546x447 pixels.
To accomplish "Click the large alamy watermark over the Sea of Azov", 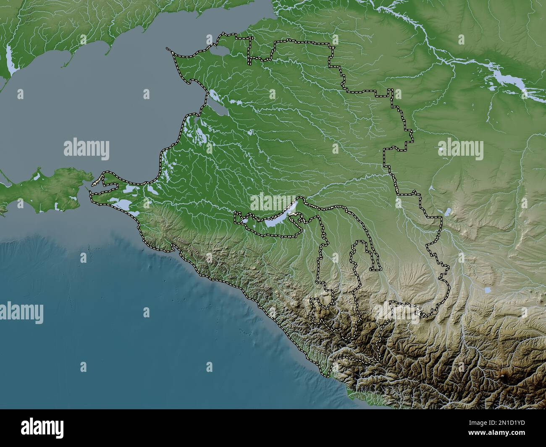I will [87, 149].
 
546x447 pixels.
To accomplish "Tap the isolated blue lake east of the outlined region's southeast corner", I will [487, 290].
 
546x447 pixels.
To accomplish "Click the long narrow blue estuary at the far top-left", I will [10, 59].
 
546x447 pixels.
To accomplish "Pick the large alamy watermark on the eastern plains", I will [460, 149].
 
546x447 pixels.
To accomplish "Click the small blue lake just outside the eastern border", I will [448, 211].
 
